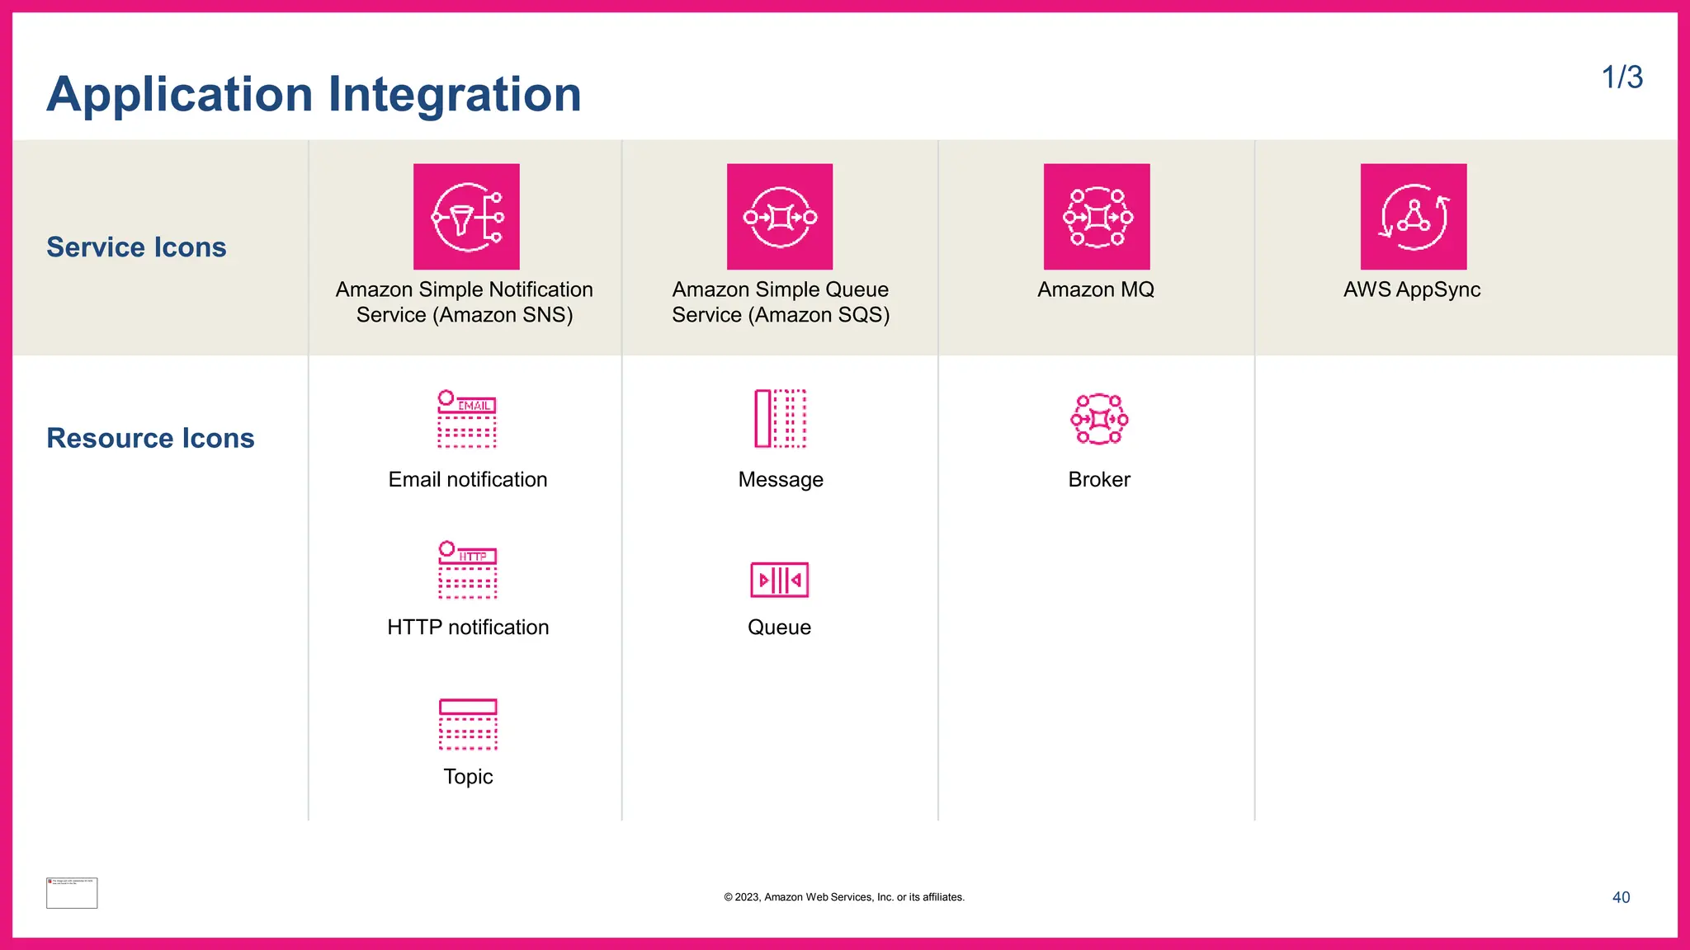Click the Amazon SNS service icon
pos(466,217)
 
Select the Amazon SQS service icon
pos(780,217)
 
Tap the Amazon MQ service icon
pos(1097,217)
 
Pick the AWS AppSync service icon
pos(1414,217)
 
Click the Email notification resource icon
pos(467,419)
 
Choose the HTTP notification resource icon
pos(468,570)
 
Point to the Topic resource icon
pos(468,724)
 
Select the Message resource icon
pos(780,419)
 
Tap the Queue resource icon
pos(780,580)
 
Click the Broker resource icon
pos(1099,419)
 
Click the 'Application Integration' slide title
pos(314,94)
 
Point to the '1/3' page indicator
pos(1622,78)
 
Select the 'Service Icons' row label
pos(136,247)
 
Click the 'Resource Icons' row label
pos(150,438)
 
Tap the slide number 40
pos(1621,897)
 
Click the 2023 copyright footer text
pos(844,897)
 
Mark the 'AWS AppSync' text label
pos(1411,289)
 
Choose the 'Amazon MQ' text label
pos(1096,289)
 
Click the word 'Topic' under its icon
pos(468,777)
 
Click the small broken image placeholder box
pos(72,893)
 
